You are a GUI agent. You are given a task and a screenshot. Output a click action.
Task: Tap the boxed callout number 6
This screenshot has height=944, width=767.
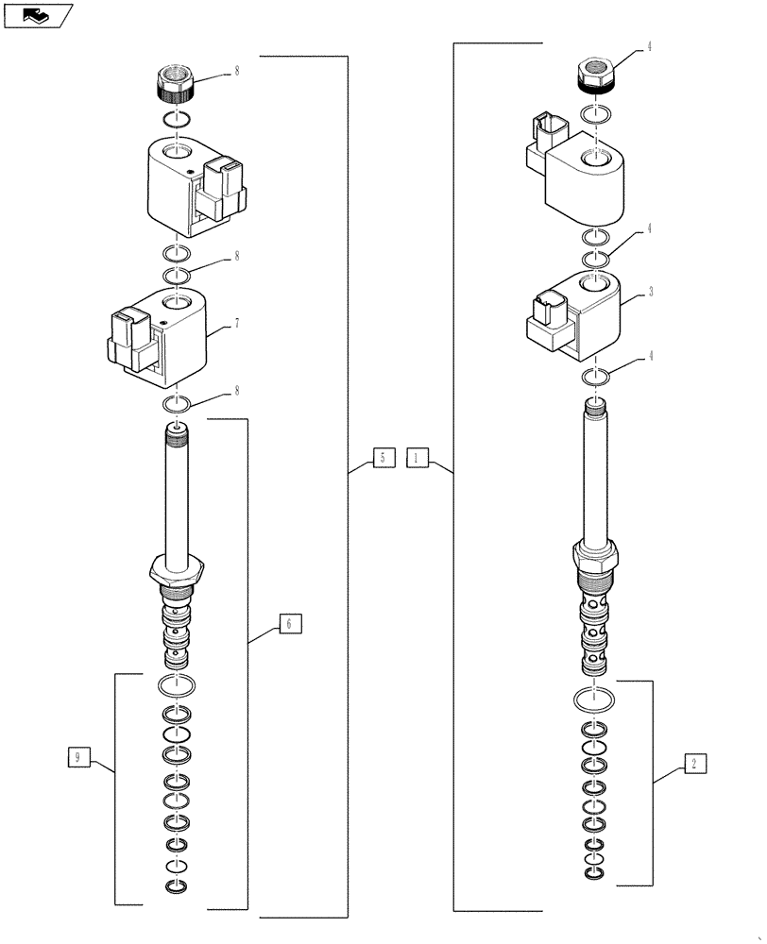click(x=290, y=622)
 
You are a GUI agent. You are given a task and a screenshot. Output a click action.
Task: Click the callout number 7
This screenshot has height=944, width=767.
click(x=236, y=323)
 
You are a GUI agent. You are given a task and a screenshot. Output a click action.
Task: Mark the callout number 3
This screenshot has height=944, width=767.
click(x=651, y=294)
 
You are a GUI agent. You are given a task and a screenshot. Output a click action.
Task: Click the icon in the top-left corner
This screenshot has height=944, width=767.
click(x=37, y=14)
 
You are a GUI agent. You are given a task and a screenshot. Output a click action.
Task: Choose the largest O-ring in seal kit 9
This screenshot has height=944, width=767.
click(x=177, y=684)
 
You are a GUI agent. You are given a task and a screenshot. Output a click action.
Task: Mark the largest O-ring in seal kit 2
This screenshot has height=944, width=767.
click(x=594, y=701)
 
